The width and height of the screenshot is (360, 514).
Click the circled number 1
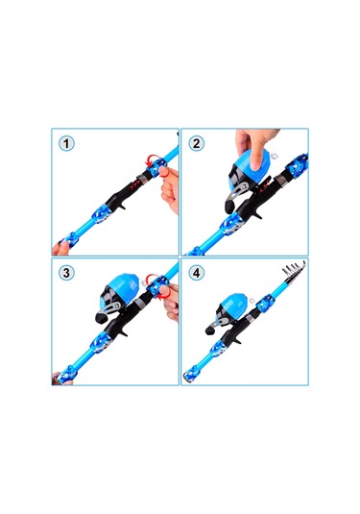coord(66,143)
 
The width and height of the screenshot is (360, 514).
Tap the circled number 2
coord(196,143)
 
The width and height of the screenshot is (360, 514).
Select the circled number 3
coord(66,273)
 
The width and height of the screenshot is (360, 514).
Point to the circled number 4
coord(196,273)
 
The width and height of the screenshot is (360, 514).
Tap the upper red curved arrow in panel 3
coord(152,278)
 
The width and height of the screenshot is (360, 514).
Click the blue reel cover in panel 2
coord(252,160)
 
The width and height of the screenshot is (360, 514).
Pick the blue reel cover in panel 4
coord(235,302)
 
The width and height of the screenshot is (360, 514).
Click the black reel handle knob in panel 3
coord(100,318)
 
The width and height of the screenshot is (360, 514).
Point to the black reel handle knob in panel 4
coord(208,330)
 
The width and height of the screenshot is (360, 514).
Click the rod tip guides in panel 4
coord(294,270)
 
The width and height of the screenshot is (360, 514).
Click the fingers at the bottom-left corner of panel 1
coord(60,249)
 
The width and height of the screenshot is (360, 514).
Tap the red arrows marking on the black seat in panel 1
coord(134,185)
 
